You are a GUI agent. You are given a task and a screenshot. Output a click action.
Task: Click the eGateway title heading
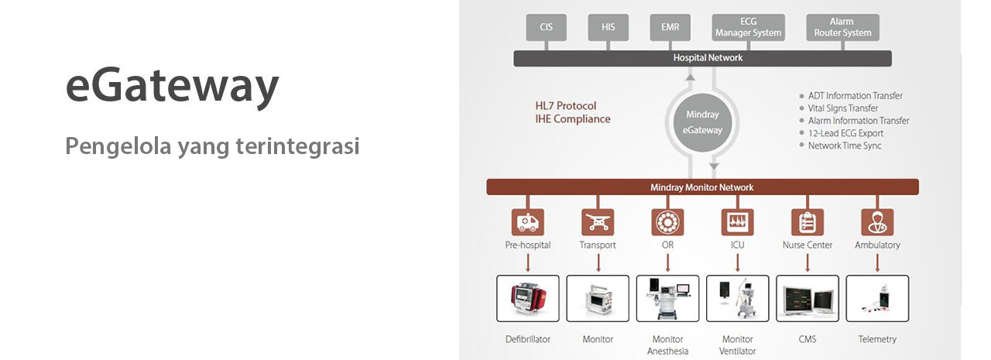172,86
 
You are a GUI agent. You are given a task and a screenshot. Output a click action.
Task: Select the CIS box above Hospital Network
547,27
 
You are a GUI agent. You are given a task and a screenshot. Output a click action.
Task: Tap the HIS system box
609,27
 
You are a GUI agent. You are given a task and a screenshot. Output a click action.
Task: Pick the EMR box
670,27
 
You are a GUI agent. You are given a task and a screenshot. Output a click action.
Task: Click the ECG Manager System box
749,27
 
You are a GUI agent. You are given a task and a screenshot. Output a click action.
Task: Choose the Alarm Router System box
843,27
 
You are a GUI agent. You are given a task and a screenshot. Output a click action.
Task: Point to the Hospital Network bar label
708,58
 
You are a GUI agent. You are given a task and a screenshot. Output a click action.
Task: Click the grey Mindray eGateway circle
702,122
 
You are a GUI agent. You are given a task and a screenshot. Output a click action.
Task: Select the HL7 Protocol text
566,106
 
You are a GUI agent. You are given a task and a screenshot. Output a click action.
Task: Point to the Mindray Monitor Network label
702,187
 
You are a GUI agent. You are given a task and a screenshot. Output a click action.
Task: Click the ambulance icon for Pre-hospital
528,222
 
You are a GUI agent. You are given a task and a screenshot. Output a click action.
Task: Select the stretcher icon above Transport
598,222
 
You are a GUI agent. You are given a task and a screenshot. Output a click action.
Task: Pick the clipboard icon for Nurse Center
808,222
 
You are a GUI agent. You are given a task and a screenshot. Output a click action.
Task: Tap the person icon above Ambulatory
877,222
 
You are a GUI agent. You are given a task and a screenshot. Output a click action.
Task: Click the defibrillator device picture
528,299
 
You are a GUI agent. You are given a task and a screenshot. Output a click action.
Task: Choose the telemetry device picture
877,299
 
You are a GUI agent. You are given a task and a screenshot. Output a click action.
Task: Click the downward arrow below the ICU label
738,262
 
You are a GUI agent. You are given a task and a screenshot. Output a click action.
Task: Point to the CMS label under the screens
808,339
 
